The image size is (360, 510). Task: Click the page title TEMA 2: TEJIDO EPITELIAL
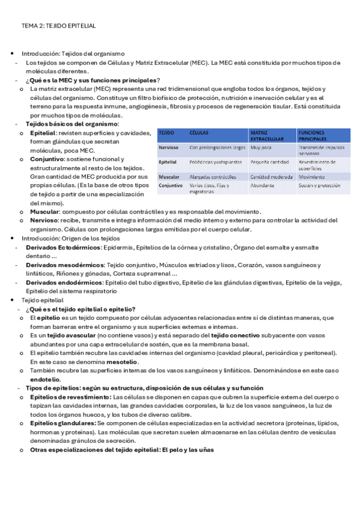point(58,26)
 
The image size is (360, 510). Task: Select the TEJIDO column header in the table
point(166,132)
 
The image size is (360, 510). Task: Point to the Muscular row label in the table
point(169,177)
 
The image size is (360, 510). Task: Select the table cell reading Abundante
point(262,186)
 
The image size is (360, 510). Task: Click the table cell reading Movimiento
point(311,177)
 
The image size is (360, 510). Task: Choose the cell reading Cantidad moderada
point(271,177)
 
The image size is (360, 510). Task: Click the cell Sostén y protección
point(319,186)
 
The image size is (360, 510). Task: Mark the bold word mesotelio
point(123,362)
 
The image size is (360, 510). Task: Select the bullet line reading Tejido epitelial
point(43,300)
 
